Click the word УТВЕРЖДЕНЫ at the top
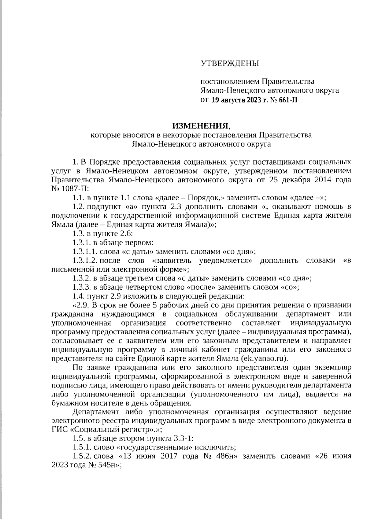(229, 64)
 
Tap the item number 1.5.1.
(81, 447)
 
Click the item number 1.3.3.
(81, 287)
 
